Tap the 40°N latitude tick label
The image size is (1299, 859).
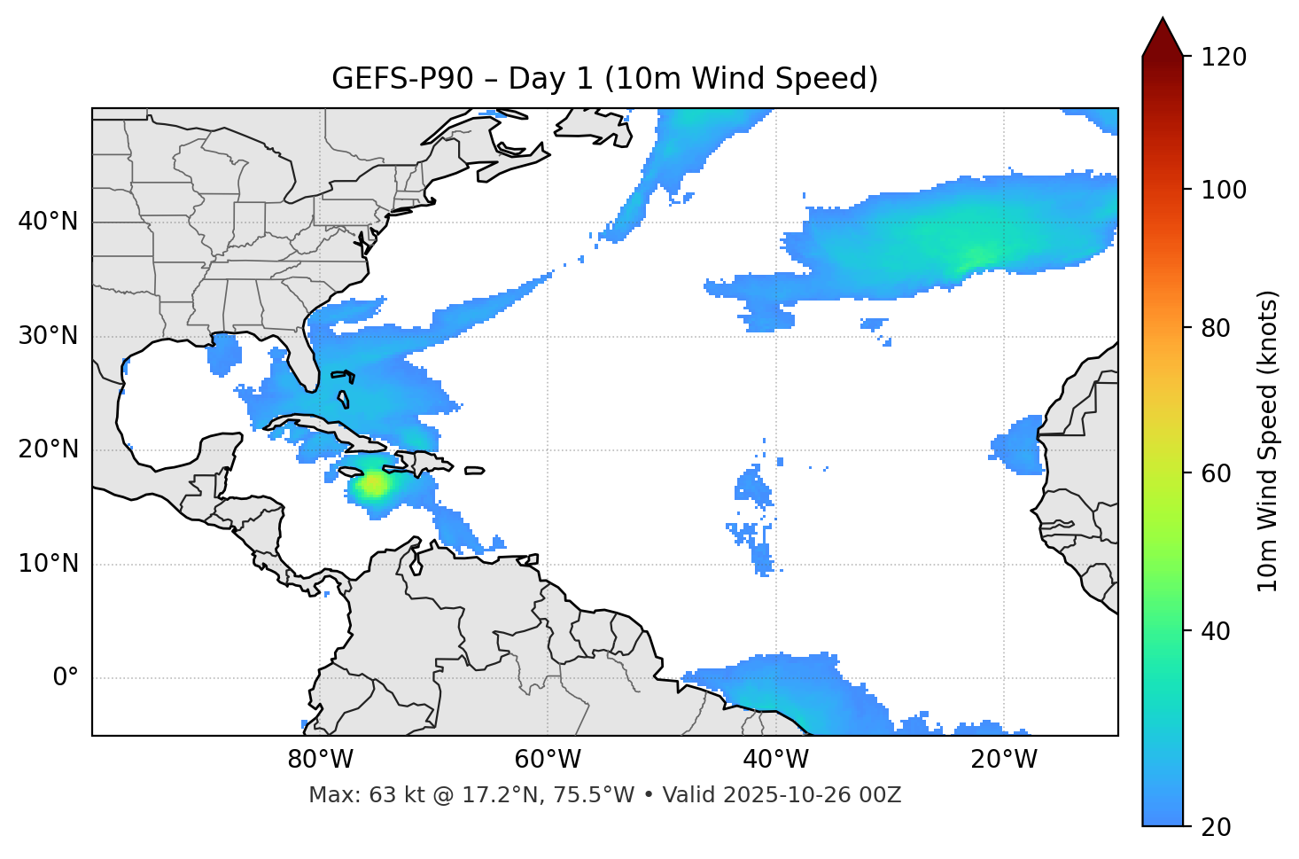tap(48, 221)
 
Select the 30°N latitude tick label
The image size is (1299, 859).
tap(48, 336)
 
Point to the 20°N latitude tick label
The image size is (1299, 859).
tap(48, 449)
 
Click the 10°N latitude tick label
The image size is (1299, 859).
tap(48, 564)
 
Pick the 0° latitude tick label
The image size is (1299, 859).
tap(66, 678)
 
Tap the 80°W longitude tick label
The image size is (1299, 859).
tap(320, 760)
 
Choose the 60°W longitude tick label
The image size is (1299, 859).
tap(548, 760)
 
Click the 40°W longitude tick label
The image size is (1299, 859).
tap(775, 760)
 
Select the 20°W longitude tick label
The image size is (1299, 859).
tap(1003, 760)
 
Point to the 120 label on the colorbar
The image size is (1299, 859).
tap(1223, 57)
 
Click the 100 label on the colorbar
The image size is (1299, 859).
tap(1223, 190)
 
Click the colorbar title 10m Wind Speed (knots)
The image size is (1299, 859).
tap(1268, 441)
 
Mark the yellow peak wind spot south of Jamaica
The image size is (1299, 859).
tap(374, 484)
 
